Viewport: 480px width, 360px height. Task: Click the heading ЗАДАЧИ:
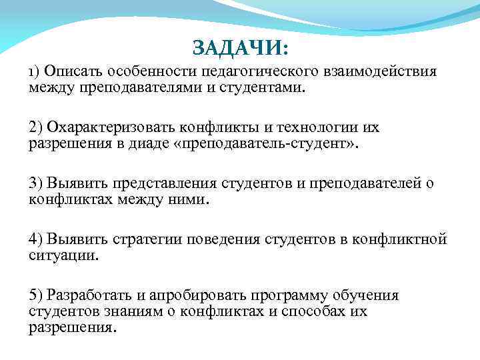pos(241,48)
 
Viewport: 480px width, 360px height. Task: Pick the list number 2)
pos(37,128)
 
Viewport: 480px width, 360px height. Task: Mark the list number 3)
pos(37,184)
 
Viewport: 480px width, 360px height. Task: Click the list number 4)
pos(37,240)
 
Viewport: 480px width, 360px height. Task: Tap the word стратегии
pos(147,240)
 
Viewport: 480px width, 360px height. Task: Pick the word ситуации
pos(63,255)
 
